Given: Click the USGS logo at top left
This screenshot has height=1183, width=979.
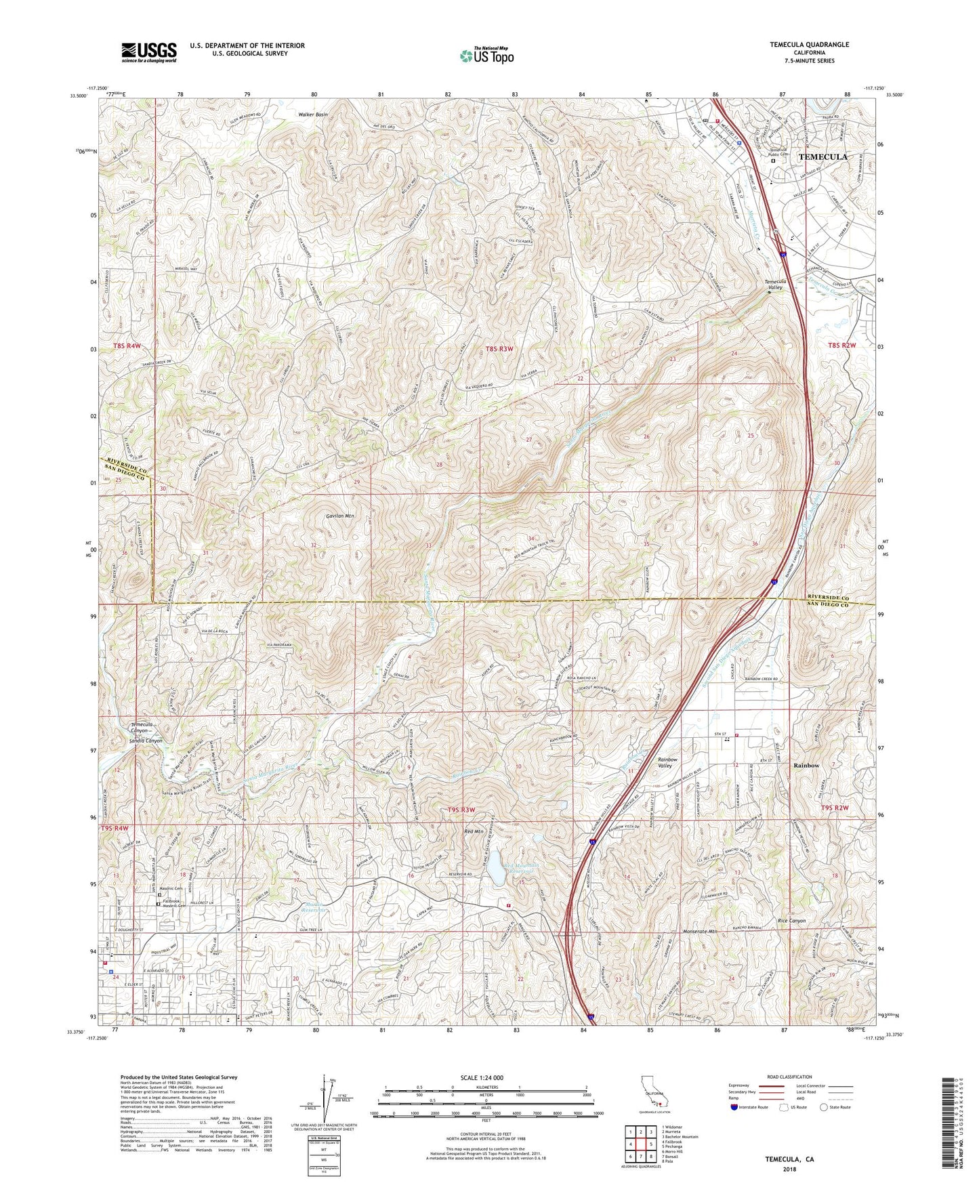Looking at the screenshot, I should coord(149,51).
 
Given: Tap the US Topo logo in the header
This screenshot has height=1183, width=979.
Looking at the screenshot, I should coord(485,56).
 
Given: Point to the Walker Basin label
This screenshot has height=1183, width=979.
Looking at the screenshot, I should coord(312,115).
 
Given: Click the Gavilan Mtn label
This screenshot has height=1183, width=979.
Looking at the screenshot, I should coord(336,516).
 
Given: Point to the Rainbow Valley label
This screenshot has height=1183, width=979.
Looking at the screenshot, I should coord(672,764).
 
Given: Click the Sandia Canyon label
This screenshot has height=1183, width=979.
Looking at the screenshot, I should coord(146,741).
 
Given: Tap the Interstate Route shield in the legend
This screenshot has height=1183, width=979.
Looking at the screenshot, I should coord(735,1107).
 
